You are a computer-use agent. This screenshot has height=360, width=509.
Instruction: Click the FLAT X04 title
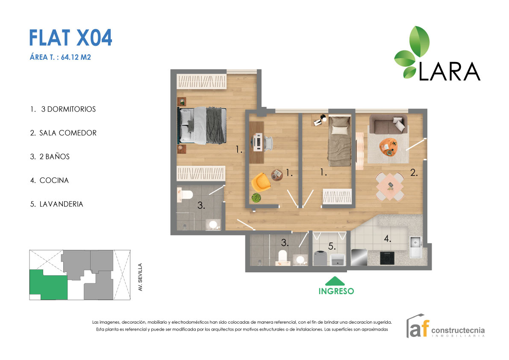click(x=71, y=38)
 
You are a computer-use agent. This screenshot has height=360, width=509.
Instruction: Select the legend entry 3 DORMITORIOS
click(x=63, y=109)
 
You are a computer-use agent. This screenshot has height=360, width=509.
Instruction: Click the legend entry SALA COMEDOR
click(x=63, y=133)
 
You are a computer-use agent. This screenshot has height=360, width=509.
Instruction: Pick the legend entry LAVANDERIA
click(x=56, y=204)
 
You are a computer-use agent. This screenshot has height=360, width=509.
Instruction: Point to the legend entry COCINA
click(x=50, y=180)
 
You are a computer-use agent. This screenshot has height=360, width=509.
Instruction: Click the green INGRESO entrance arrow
click(x=336, y=281)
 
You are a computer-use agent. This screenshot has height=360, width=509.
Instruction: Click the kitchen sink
click(x=416, y=247)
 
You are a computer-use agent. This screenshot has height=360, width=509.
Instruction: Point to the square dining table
click(x=390, y=186)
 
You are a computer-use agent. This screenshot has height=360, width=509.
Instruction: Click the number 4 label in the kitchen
click(x=387, y=239)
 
